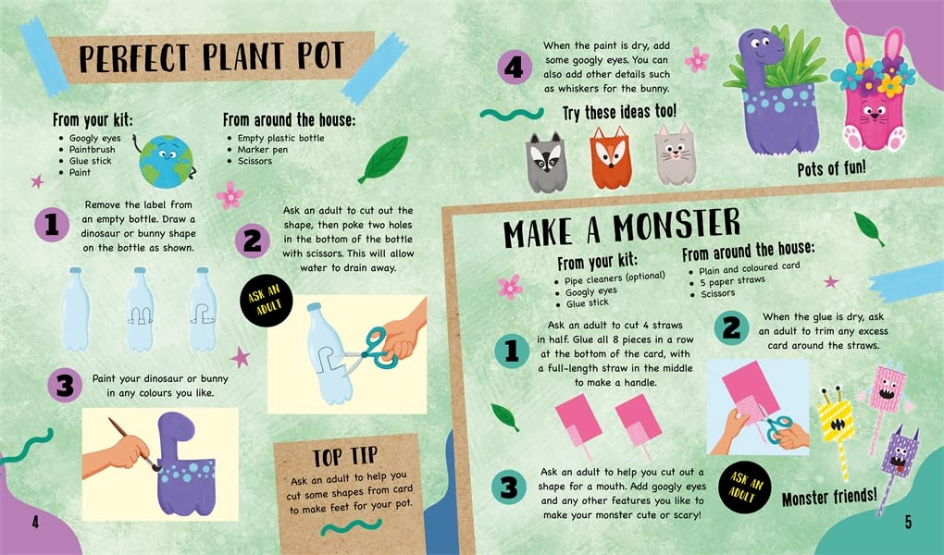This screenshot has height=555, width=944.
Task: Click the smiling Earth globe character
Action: pos(166,161)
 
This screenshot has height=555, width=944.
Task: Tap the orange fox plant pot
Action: pos(611,158)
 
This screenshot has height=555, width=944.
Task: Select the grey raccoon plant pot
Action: pos(547,162)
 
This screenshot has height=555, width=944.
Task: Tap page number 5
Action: pos(908,522)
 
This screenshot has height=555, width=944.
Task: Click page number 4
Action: pos(35,522)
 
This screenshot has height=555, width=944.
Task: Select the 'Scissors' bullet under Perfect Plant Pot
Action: pos(255,161)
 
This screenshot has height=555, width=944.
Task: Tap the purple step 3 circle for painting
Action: pos(65,385)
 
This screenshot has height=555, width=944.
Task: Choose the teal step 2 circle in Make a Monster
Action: pos(731,328)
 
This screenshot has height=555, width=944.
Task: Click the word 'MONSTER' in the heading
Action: pos(677,227)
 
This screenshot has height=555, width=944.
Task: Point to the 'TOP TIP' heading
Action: pos(345,458)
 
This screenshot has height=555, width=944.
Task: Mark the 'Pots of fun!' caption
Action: pos(831,168)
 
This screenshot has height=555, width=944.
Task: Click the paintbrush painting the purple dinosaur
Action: pos(133,444)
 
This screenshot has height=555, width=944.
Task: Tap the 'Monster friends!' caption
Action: pos(829,498)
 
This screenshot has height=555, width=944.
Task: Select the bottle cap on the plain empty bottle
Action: pos(75,271)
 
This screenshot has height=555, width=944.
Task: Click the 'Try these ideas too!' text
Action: pos(619,113)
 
